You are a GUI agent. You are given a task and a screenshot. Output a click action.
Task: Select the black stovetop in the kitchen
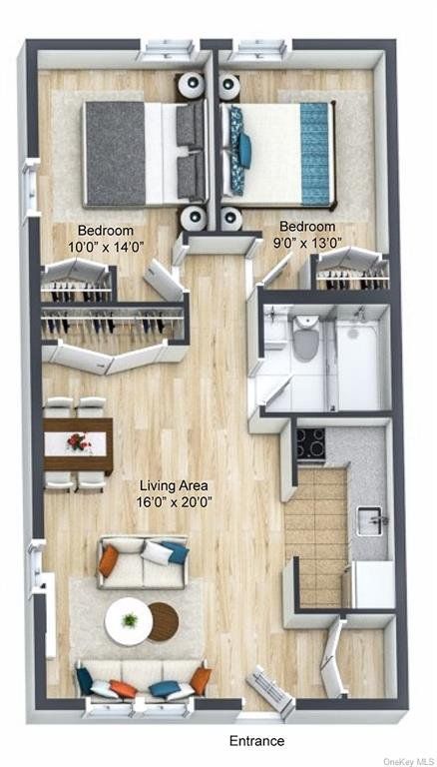pos(311,442)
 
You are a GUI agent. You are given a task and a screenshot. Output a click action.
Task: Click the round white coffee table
pos(128,621)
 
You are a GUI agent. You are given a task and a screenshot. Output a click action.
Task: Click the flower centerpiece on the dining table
pos(79,441)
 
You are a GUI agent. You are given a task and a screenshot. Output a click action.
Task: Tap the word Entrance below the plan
pos(256,741)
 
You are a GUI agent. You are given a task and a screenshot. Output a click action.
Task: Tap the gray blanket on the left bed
pos(115,153)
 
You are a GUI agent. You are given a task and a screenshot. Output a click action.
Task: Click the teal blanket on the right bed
pos(314,153)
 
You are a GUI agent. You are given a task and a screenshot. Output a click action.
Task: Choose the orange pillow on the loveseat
pos(109,560)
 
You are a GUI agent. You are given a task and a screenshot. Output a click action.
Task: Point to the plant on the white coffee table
pos(130,620)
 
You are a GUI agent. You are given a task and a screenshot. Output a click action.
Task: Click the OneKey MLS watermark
pos(410,761)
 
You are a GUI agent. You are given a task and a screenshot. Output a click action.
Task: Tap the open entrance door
pos(269,689)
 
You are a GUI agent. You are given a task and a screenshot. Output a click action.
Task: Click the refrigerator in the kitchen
pos(374,583)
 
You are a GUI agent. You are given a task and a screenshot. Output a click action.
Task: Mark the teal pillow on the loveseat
pos(175,551)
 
